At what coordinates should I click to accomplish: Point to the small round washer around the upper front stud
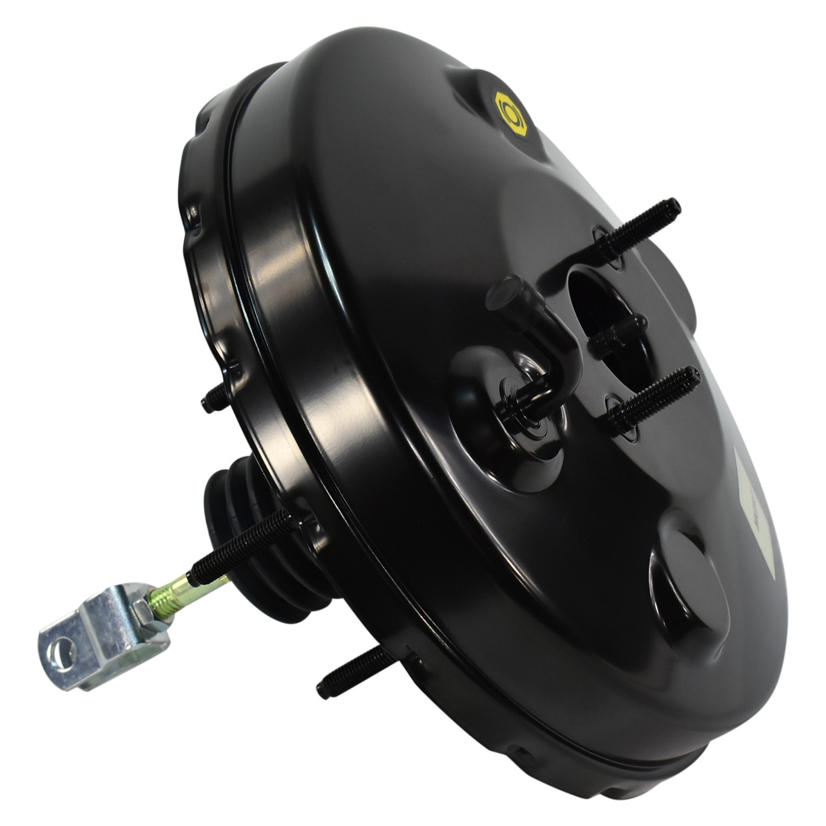(608, 245)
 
